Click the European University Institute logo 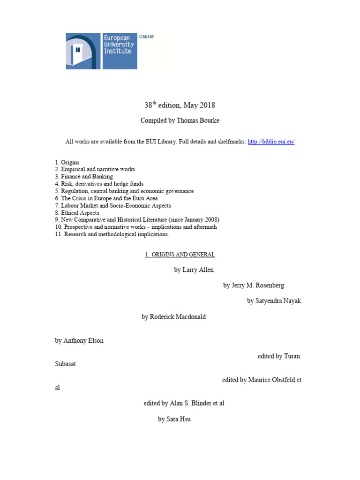(x=101, y=51)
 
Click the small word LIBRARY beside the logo (x=147, y=37)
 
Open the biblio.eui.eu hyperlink (x=271, y=142)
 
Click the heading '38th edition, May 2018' (x=180, y=105)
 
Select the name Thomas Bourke (x=198, y=120)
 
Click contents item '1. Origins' (x=67, y=162)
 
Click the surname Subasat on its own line (x=65, y=364)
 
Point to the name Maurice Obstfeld (x=271, y=380)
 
